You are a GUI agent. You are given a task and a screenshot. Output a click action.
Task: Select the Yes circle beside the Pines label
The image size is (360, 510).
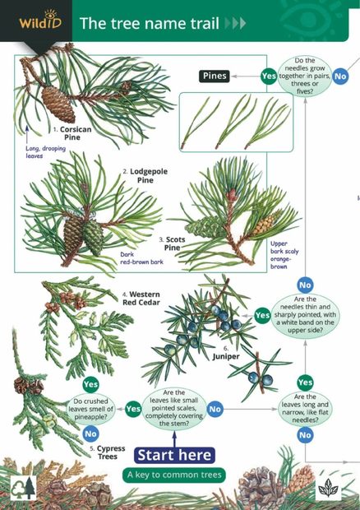(x=268, y=76)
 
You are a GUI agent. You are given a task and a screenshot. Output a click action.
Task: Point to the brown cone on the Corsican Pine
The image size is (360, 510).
(x=58, y=103)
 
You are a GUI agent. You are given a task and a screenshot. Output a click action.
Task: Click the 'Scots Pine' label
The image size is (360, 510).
(x=171, y=243)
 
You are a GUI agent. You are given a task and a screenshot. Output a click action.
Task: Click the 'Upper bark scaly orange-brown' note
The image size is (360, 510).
(x=282, y=256)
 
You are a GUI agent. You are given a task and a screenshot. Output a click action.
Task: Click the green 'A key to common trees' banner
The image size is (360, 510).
(x=174, y=475)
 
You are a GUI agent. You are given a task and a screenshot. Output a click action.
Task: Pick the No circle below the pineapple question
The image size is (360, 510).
(x=90, y=433)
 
